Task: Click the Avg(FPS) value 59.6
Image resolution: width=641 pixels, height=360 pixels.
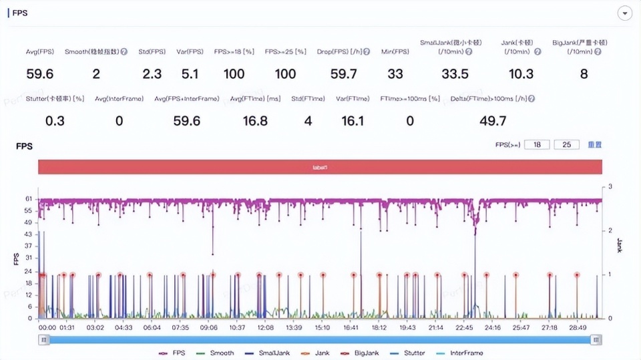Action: tap(40, 73)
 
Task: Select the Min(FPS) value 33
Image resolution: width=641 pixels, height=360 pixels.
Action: tap(395, 73)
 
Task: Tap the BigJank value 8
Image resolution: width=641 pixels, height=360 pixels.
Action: tap(584, 73)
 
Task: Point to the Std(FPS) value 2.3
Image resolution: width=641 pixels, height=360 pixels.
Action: tap(152, 73)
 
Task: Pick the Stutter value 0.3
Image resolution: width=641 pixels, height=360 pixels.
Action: tap(55, 120)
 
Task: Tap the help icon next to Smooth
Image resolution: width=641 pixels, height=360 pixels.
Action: tap(124, 51)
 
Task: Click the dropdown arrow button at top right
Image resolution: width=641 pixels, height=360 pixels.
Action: tap(625, 13)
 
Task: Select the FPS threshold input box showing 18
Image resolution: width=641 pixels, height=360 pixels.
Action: tap(538, 145)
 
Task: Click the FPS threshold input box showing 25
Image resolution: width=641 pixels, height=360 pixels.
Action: tap(566, 145)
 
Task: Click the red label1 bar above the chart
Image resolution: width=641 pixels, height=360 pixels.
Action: tap(320, 167)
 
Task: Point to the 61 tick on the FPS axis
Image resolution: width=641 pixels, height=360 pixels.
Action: tap(28, 199)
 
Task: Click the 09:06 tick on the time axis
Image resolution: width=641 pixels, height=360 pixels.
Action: tap(209, 328)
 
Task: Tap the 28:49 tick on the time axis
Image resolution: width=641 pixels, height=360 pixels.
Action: tap(578, 328)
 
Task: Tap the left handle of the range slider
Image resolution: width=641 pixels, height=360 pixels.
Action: tap(44, 339)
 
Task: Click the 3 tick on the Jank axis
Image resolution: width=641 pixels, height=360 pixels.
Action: tap(610, 187)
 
